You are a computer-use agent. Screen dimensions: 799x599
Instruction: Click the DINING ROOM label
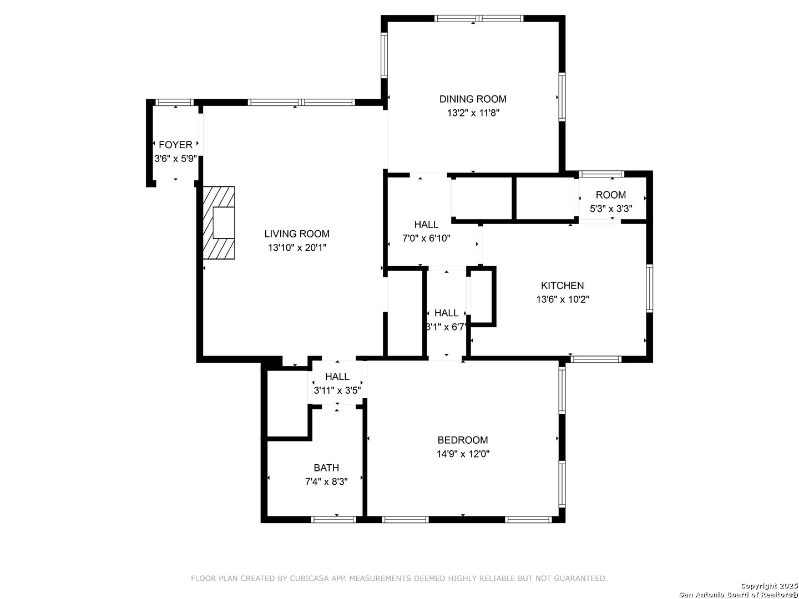tap(473, 99)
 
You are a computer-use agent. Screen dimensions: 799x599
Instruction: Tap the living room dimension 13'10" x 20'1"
tap(297, 248)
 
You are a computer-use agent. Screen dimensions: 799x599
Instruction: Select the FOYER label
tap(175, 145)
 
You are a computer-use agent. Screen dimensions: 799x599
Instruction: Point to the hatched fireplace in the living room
tap(219, 222)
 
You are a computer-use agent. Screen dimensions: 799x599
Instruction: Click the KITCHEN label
tap(563, 286)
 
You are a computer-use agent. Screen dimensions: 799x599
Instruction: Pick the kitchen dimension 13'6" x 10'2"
tap(563, 299)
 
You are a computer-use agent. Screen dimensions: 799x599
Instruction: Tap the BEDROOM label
tap(463, 440)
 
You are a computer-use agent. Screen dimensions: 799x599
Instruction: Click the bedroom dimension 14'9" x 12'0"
tap(463, 454)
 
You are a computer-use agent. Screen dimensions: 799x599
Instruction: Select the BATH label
tap(326, 468)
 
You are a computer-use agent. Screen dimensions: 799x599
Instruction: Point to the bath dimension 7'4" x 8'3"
tap(326, 481)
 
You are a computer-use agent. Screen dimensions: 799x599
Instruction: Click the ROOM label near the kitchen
tap(611, 195)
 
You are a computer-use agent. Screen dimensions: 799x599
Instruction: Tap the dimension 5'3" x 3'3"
tap(611, 209)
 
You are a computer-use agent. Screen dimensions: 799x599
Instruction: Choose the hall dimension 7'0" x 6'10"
tap(426, 238)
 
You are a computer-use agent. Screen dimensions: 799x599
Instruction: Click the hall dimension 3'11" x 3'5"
tap(337, 390)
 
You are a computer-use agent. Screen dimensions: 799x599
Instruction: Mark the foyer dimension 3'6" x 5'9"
tap(175, 159)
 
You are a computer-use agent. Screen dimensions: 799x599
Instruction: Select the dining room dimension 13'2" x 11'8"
tap(473, 113)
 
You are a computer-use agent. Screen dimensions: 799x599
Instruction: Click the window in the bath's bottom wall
tap(333, 520)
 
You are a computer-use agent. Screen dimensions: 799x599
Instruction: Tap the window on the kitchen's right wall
tap(649, 288)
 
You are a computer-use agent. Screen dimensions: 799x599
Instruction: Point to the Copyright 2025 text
tap(769, 586)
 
